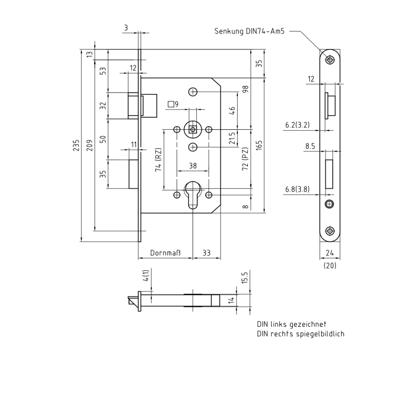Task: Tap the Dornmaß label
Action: click(165, 253)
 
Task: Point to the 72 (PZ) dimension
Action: click(245, 159)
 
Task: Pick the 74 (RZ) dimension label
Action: click(158, 160)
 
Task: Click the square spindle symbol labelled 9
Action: click(173, 104)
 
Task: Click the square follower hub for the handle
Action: click(193, 129)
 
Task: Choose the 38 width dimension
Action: click(192, 166)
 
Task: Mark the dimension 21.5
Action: click(232, 138)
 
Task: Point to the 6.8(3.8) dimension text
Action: click(297, 189)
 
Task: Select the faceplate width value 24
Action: click(329, 253)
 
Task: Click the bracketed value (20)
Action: click(329, 266)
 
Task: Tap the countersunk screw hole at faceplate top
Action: click(329, 60)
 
